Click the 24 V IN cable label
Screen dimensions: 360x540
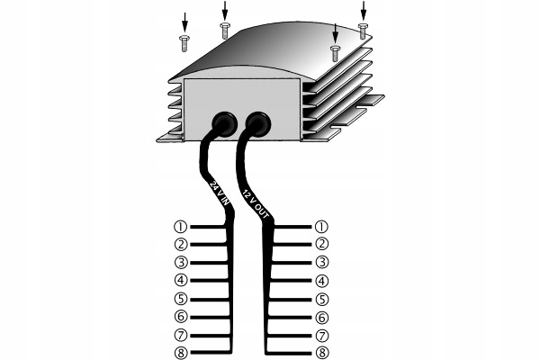218,192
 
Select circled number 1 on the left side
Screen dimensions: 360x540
181,226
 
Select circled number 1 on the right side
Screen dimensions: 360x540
322,226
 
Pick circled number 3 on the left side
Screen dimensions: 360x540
181,262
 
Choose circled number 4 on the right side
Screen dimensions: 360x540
322,281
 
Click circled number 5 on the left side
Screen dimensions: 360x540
181,299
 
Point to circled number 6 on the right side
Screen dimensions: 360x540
322,317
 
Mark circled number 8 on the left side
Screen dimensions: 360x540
181,353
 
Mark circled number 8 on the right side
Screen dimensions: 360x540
322,353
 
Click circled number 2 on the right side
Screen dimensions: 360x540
322,244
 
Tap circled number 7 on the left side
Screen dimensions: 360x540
181,335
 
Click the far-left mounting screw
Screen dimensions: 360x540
185,40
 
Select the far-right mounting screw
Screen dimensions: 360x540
363,31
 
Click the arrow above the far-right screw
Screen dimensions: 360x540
364,10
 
